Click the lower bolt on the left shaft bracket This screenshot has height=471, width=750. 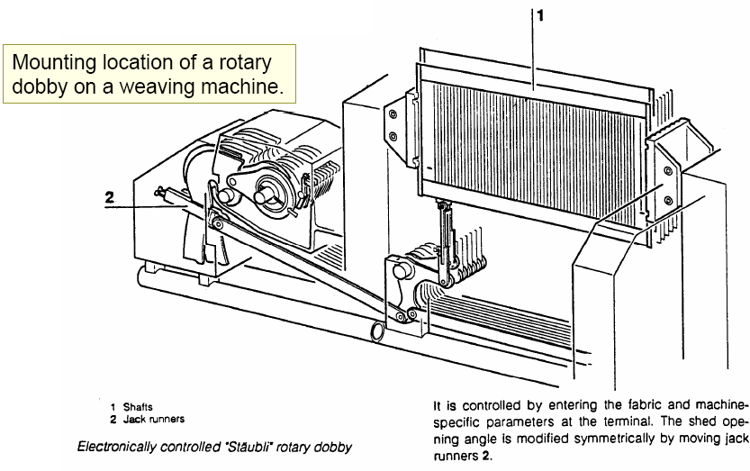(x=392, y=136)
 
